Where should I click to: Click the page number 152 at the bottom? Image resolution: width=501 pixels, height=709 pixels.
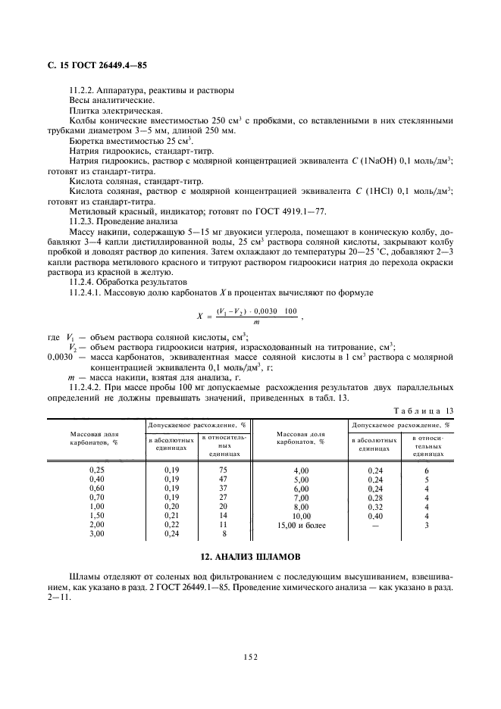pyautogui.click(x=251, y=656)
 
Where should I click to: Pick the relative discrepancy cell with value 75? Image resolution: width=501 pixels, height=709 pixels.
pyautogui.click(x=224, y=470)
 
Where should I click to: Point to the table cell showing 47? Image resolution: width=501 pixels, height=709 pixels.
pyautogui.click(x=224, y=479)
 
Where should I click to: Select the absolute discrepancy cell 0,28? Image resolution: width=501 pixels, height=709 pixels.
pyautogui.click(x=375, y=498)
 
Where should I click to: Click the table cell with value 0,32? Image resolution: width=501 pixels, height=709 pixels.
pyautogui.click(x=375, y=508)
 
